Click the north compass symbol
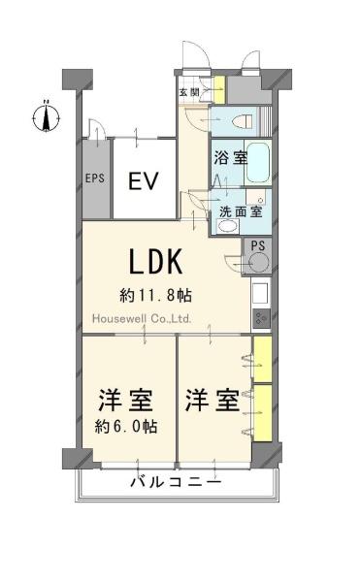46,118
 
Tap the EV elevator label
144,180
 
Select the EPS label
95,178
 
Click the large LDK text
156,261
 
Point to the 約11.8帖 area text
155,296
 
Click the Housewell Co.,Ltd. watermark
142,318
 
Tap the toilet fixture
243,121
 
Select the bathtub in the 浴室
258,163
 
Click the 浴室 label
231,158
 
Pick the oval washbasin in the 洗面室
228,226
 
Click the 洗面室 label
241,211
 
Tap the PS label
258,245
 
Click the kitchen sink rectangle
260,294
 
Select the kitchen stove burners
261,318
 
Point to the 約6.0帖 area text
126,427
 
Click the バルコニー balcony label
177,482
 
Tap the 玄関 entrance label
189,92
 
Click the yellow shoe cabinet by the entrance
219,90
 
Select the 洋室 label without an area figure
213,400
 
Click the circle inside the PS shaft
259,263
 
